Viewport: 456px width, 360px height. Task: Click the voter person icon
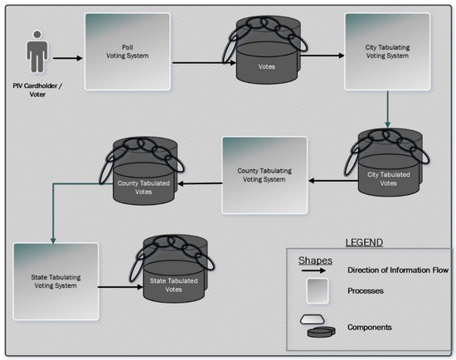click(36, 51)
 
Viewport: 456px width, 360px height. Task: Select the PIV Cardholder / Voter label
click(36, 91)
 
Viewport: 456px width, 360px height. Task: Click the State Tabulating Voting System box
click(56, 280)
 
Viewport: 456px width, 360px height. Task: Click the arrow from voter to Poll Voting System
click(70, 58)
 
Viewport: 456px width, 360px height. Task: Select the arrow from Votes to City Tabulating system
click(318, 58)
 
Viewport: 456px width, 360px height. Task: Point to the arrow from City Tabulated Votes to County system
click(328, 179)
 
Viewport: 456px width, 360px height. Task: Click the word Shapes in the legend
click(316, 260)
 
